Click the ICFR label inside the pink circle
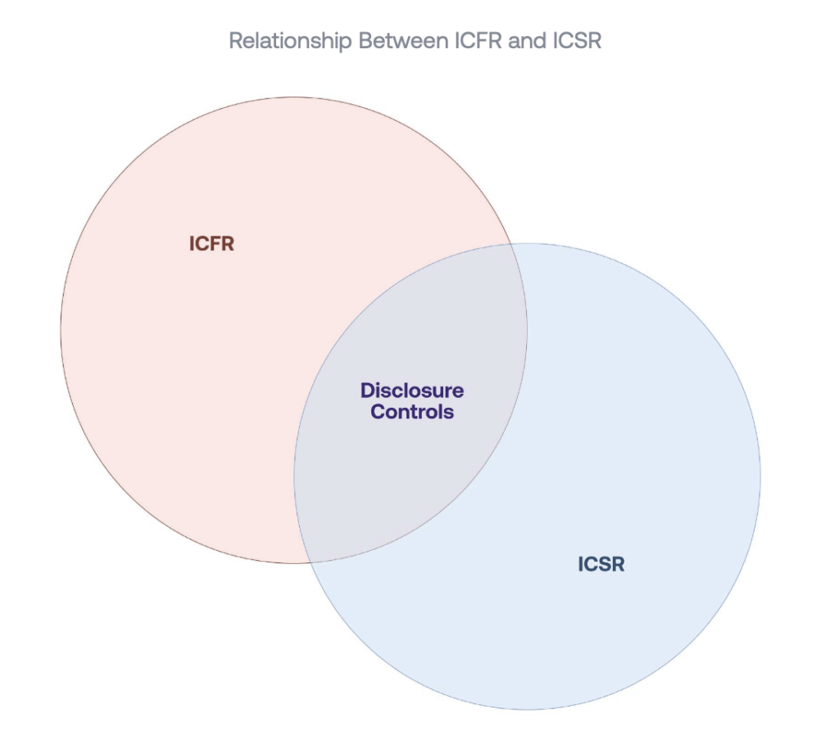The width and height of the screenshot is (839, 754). pyautogui.click(x=212, y=244)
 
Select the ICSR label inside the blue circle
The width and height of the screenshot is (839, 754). pyautogui.click(x=601, y=564)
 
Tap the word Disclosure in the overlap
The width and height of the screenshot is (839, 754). pyautogui.click(x=412, y=391)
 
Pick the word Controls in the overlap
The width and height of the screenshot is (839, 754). pyautogui.click(x=412, y=412)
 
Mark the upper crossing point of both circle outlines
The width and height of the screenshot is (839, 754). pyautogui.click(x=513, y=244)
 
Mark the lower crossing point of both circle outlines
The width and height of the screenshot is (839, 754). pyautogui.click(x=308, y=562)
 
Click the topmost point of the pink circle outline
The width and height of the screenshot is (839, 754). pyautogui.click(x=294, y=97)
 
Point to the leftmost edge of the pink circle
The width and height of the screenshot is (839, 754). pyautogui.click(x=61, y=331)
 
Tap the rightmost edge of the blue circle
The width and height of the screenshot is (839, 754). pyautogui.click(x=760, y=476)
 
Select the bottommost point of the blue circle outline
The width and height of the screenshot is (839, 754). pyautogui.click(x=528, y=709)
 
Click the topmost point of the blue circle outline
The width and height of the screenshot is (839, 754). pyautogui.click(x=528, y=243)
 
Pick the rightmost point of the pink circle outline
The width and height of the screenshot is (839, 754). pyautogui.click(x=528, y=331)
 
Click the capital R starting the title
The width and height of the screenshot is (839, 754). pyautogui.click(x=235, y=41)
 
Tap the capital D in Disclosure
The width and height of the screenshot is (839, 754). pyautogui.click(x=367, y=391)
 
